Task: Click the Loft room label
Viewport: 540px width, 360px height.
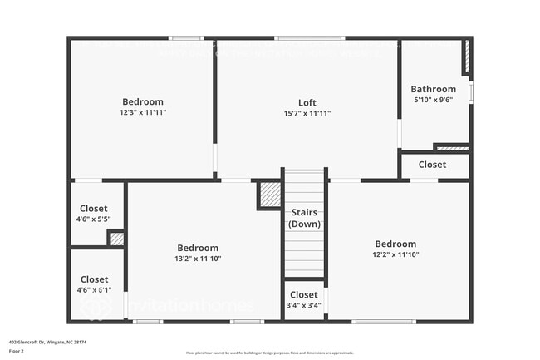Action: [307, 103]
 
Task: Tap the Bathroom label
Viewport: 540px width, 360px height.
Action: [433, 89]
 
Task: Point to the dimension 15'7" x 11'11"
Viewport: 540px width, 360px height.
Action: [307, 113]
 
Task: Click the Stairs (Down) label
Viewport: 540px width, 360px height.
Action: [304, 219]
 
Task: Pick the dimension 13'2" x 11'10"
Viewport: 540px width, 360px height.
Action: [198, 259]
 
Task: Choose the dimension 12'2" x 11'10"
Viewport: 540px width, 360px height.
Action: [395, 254]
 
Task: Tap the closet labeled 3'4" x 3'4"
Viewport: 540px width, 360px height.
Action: [304, 305]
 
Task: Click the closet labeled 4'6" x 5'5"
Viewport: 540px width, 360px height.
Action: [94, 219]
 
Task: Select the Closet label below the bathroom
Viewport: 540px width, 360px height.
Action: [432, 165]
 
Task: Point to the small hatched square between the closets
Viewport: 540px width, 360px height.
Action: [117, 239]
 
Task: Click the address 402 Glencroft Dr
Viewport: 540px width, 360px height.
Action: [47, 341]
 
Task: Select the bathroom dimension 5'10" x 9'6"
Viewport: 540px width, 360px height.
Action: [433, 99]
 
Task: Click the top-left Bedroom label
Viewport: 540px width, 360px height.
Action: [143, 102]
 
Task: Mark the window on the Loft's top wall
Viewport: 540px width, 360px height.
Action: [309, 38]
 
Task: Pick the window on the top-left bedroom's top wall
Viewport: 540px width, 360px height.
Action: [186, 38]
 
